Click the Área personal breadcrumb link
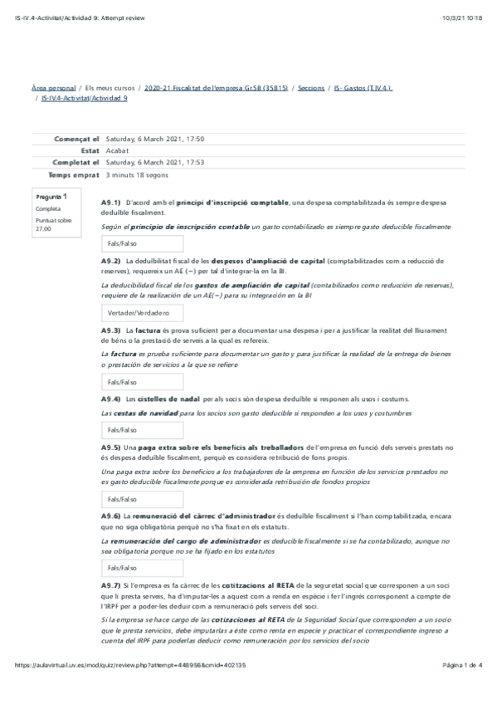pos(53,87)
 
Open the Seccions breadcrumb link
pos(311,87)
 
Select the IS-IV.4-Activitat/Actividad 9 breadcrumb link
pos(85,98)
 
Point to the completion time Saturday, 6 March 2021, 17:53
pos(155,163)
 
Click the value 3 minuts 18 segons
pos(137,175)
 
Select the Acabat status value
pos(117,151)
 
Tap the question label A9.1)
pos(111,202)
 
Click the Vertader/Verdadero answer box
pos(139,313)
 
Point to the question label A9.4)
pos(111,398)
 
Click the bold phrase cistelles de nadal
pos(167,398)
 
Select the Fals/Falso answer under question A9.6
pos(122,567)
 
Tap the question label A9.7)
pos(111,586)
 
